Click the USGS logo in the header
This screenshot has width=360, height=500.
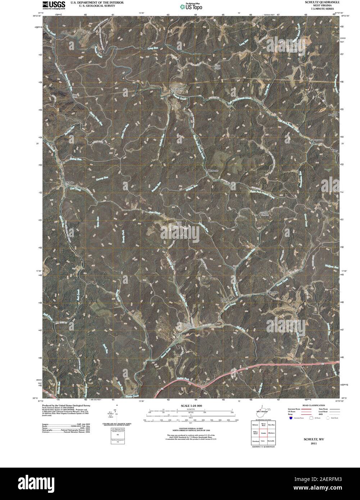54,5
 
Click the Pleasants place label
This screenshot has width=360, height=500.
213,171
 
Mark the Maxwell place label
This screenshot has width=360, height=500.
333,114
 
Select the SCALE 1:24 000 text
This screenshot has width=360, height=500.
189,406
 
